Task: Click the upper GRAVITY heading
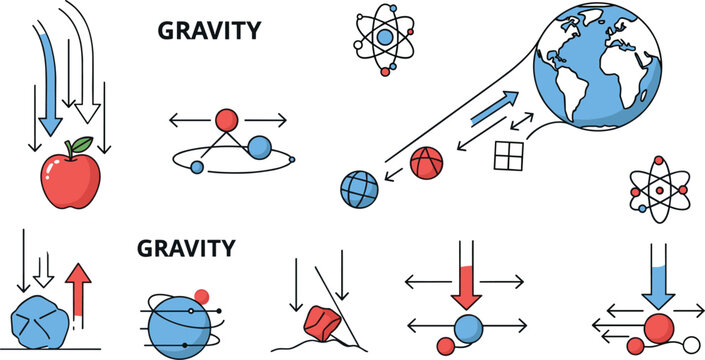[x=209, y=31]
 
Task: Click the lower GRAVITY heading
[x=186, y=247]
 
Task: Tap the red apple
[x=70, y=180]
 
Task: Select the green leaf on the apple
[x=81, y=145]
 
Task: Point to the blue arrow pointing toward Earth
[x=495, y=107]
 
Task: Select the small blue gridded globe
[x=360, y=190]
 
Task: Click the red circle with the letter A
[x=426, y=163]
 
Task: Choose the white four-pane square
[x=509, y=156]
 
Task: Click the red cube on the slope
[x=321, y=320]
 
